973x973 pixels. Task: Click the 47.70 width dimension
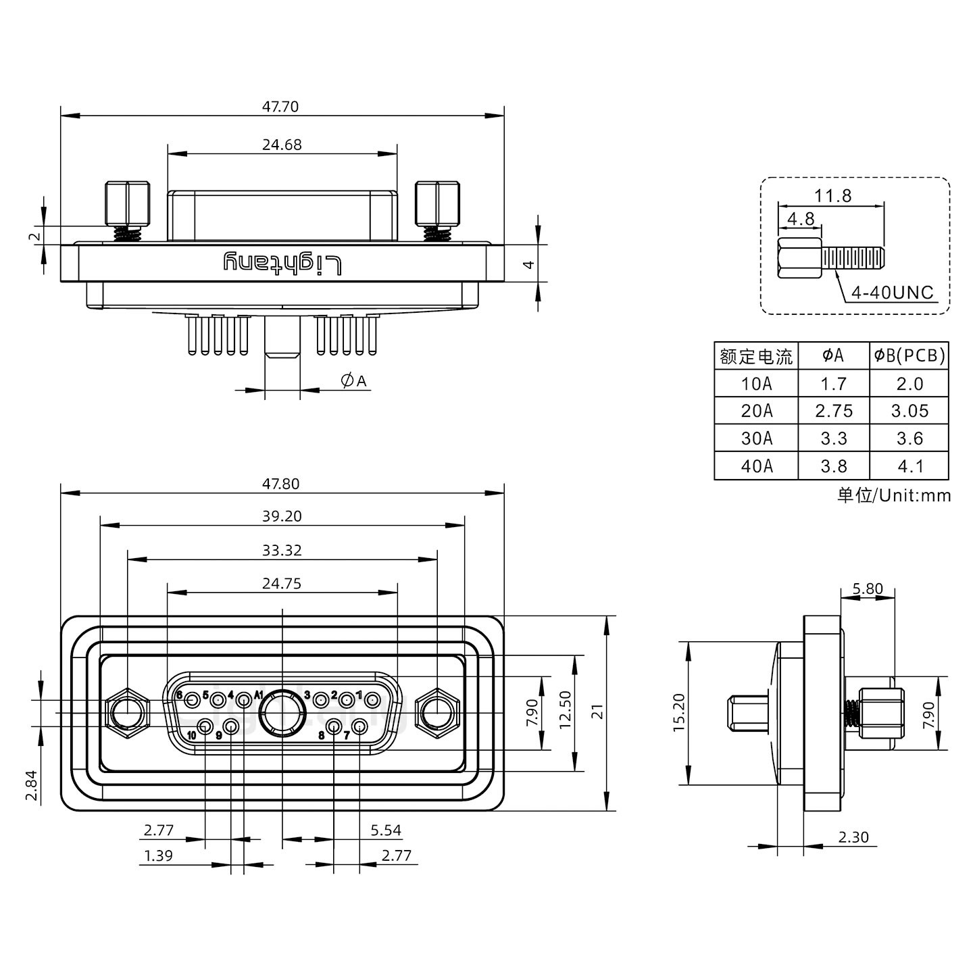pos(282,106)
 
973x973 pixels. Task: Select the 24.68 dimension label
pos(282,145)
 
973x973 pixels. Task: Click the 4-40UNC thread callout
pos(892,293)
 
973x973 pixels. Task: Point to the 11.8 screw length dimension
pos(832,196)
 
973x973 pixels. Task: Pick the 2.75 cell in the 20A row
pos(834,411)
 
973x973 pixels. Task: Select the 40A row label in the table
pos(756,466)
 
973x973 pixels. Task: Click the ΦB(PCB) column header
pos(909,355)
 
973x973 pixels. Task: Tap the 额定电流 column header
pos(756,355)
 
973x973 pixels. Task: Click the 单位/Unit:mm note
pos(894,495)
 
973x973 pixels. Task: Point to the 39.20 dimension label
pos(282,516)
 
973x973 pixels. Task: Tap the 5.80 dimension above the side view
pos(868,589)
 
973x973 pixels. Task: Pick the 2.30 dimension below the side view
pos(853,837)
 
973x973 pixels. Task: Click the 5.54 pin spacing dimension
pos(386,830)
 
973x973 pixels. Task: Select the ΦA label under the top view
pos(353,381)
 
